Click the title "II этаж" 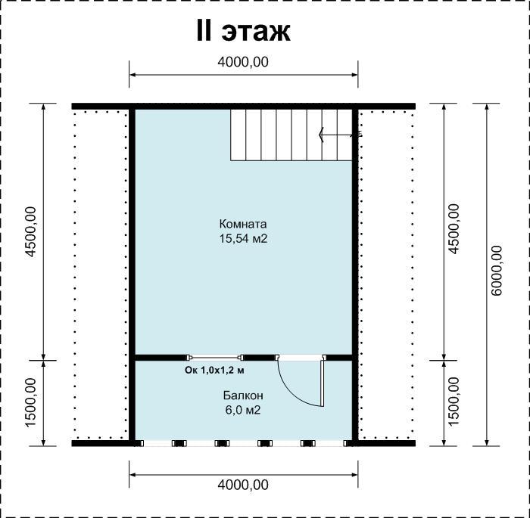pyautogui.click(x=243, y=31)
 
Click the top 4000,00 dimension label pyautogui.click(x=243, y=62)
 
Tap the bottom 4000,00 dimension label pyautogui.click(x=243, y=485)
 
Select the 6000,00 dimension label pyautogui.click(x=497, y=271)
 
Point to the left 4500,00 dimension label pyautogui.click(x=30, y=231)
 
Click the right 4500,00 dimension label pyautogui.click(x=454, y=228)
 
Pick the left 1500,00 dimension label pyautogui.click(x=30, y=402)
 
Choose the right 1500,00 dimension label pyautogui.click(x=454, y=402)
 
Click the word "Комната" pyautogui.click(x=243, y=224)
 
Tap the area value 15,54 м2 pyautogui.click(x=243, y=239)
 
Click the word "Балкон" pyautogui.click(x=243, y=395)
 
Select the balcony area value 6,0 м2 pyautogui.click(x=243, y=411)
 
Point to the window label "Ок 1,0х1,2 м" pyautogui.click(x=214, y=371)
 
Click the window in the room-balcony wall pyautogui.click(x=215, y=357)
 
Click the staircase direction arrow pyautogui.click(x=338, y=135)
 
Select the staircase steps pyautogui.click(x=291, y=135)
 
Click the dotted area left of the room pyautogui.click(x=101, y=275)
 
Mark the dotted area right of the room pyautogui.click(x=387, y=275)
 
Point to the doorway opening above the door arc pyautogui.click(x=300, y=357)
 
